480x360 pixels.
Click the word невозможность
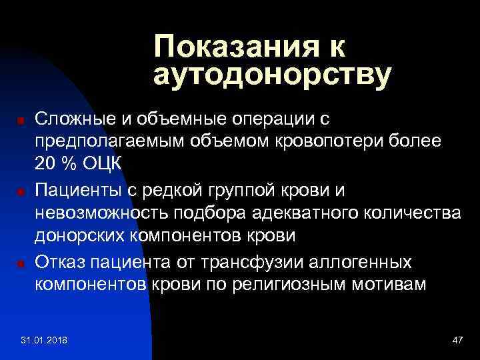point(99,214)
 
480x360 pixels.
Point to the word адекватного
point(295,214)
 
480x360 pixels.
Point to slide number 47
point(457,341)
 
